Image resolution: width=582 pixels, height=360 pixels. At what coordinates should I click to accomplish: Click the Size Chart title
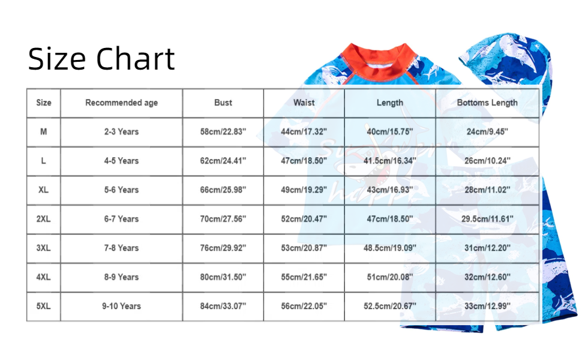point(101,59)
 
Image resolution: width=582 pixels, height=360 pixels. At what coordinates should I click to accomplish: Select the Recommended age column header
point(121,103)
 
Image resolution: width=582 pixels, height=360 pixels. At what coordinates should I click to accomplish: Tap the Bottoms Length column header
point(487,103)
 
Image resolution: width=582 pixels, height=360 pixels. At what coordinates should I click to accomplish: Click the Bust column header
point(223,103)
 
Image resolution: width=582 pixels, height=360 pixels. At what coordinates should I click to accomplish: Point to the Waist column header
point(304,103)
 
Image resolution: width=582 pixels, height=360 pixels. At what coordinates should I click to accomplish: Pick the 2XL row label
point(43,219)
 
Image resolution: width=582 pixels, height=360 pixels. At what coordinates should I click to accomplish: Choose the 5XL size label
point(43,306)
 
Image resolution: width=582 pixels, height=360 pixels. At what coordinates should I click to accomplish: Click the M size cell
point(43,132)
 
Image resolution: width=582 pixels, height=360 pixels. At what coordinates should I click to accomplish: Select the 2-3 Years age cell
point(121,132)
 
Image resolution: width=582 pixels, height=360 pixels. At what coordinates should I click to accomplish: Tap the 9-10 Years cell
point(121,306)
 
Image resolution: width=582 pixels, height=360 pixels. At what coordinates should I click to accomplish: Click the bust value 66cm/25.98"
point(223,190)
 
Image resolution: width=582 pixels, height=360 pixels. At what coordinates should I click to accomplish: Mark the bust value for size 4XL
point(223,277)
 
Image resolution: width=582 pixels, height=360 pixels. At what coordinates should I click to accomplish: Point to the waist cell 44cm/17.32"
point(304,132)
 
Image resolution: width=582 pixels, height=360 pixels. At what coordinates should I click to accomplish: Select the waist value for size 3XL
point(304,248)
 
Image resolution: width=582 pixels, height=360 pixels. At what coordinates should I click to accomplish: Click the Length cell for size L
point(390,161)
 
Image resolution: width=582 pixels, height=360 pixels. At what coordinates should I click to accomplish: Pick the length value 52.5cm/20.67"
point(390,306)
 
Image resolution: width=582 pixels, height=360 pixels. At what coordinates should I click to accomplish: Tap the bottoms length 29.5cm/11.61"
point(487,219)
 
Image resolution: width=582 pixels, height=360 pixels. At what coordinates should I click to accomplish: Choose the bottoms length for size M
point(487,132)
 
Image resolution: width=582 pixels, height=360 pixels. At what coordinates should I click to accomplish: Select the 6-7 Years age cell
point(121,219)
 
